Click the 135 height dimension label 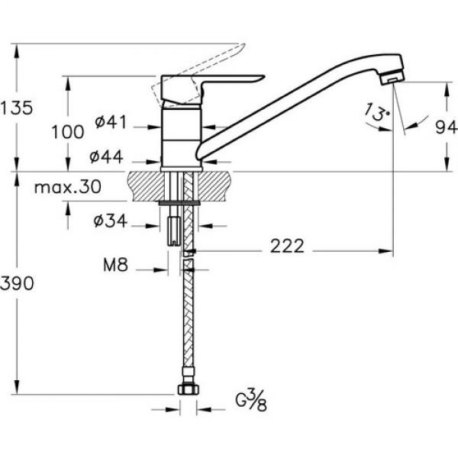pyautogui.click(x=16, y=108)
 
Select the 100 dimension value pyautogui.click(x=68, y=132)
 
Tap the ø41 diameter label pyautogui.click(x=111, y=122)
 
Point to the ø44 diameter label pyautogui.click(x=106, y=157)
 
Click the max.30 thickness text pyautogui.click(x=68, y=187)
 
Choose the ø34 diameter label pyautogui.click(x=111, y=221)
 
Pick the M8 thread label pyautogui.click(x=116, y=266)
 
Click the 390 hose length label pyautogui.click(x=17, y=283)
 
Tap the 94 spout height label pyautogui.click(x=447, y=127)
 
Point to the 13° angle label pyautogui.click(x=377, y=112)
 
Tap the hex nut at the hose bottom pyautogui.click(x=189, y=390)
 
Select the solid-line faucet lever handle pyautogui.click(x=211, y=89)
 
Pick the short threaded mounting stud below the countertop pyautogui.click(x=173, y=231)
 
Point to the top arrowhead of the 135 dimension pyautogui.click(x=17, y=51)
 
